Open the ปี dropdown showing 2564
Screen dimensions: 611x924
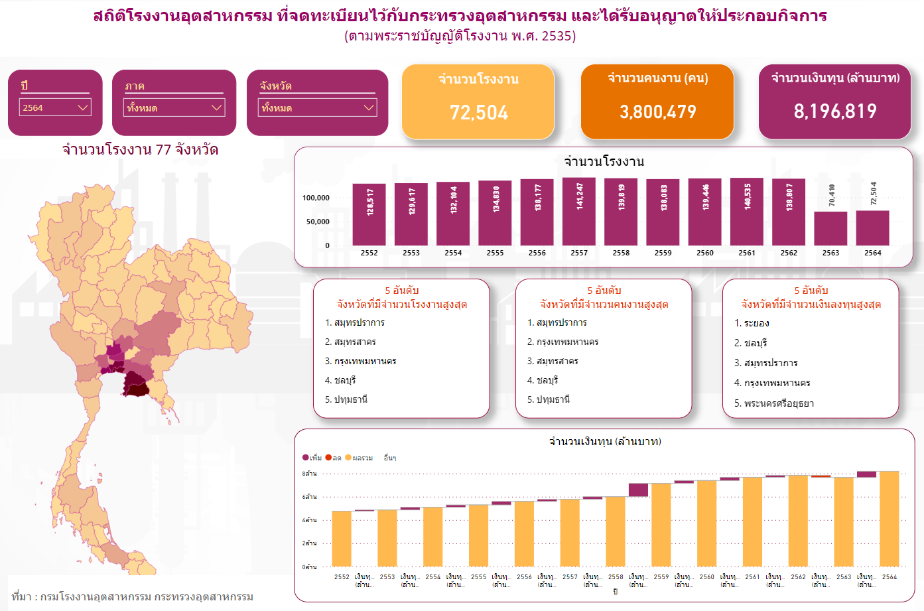[56, 107]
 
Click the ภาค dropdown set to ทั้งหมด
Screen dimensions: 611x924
[175, 107]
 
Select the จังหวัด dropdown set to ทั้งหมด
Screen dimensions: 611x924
[317, 107]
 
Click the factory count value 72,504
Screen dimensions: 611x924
[478, 113]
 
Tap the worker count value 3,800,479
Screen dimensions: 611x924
[657, 112]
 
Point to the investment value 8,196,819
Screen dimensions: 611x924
[834, 111]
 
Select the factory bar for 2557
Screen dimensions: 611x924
[578, 212]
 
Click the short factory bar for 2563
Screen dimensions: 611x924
[830, 229]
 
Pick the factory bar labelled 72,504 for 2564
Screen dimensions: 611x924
[872, 228]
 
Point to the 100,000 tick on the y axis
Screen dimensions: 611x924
[316, 198]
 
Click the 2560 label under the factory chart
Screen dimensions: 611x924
[705, 253]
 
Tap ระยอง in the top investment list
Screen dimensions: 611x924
[756, 323]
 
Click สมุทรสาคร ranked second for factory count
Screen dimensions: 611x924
[355, 342]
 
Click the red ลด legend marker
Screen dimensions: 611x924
[328, 458]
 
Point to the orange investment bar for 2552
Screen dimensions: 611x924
[342, 538]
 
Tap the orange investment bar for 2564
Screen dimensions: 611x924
[889, 518]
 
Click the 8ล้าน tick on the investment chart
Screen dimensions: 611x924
[310, 474]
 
